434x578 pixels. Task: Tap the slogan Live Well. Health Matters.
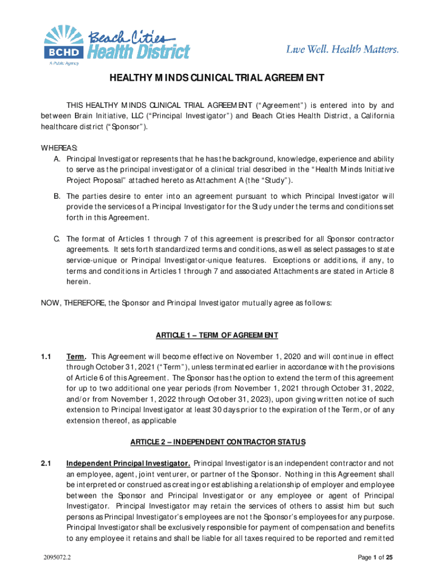[342, 50]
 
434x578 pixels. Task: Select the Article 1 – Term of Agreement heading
[217, 336]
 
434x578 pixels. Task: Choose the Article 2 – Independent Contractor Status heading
[217, 441]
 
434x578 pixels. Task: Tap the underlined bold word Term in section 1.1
[76, 357]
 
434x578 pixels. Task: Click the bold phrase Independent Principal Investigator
[129, 463]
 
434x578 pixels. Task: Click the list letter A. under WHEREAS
[57, 159]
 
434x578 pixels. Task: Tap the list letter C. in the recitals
[57, 239]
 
